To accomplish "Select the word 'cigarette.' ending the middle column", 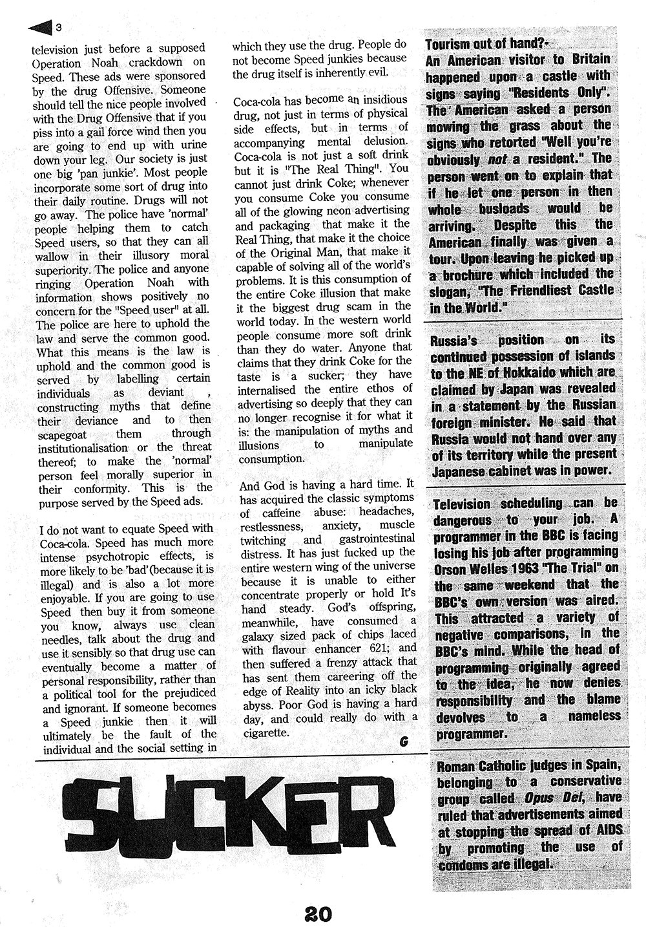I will (x=263, y=732).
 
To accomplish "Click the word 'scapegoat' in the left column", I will (x=65, y=434).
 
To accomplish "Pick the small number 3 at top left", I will (x=59, y=27).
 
